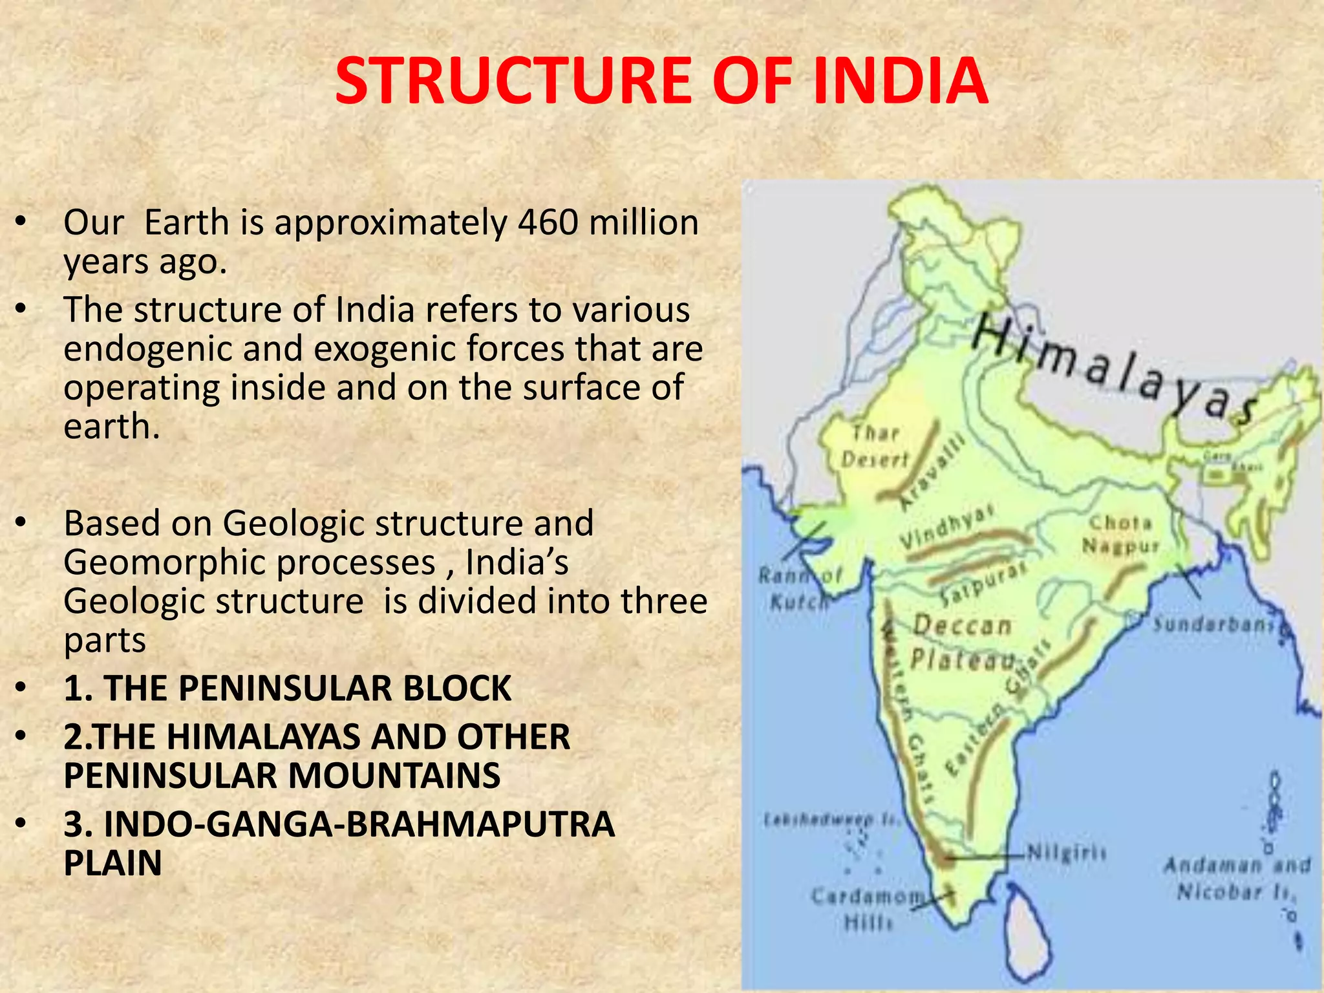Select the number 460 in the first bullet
[x=547, y=222]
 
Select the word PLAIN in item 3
[x=112, y=862]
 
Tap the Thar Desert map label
[x=875, y=446]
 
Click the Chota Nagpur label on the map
[x=1121, y=534]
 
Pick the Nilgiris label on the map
[x=1066, y=853]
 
